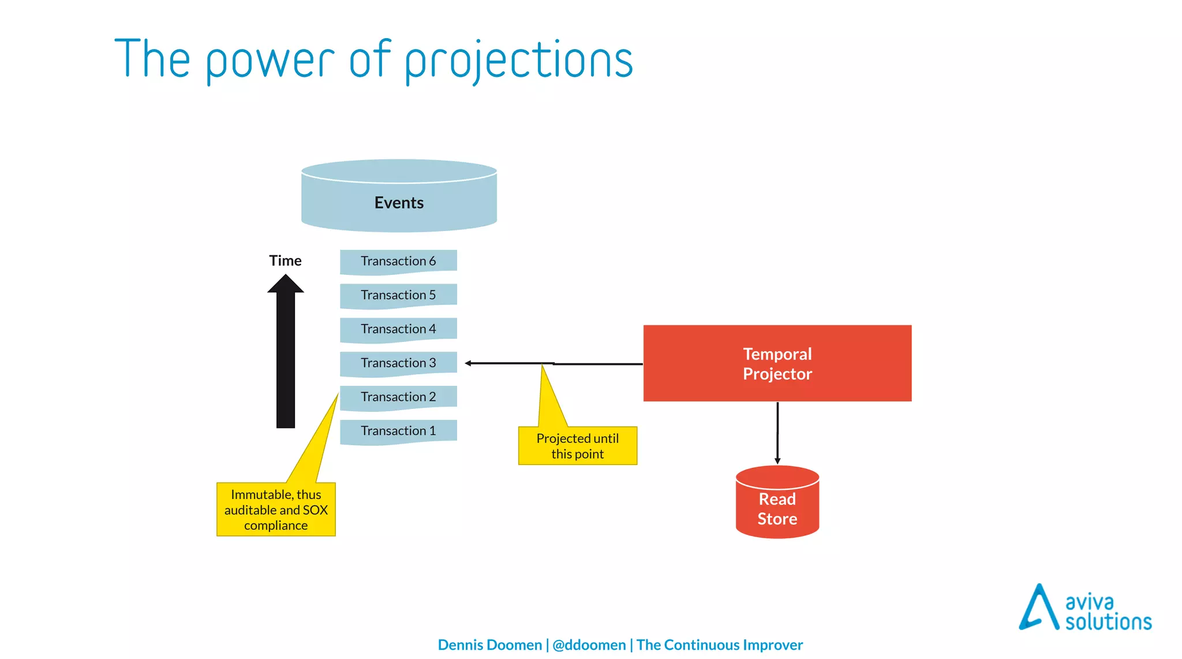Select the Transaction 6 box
pyautogui.click(x=398, y=261)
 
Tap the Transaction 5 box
pyautogui.click(x=398, y=295)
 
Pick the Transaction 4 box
pyautogui.click(x=398, y=329)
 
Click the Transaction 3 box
pyautogui.click(x=398, y=363)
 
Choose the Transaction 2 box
pyautogui.click(x=398, y=397)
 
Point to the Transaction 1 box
pyautogui.click(x=398, y=431)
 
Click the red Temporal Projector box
pyautogui.click(x=777, y=363)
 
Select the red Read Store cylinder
pyautogui.click(x=777, y=505)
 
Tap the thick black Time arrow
pyautogui.click(x=286, y=358)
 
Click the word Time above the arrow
pyautogui.click(x=285, y=260)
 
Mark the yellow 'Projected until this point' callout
pyautogui.click(x=577, y=446)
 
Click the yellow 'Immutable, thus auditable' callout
pyautogui.click(x=276, y=510)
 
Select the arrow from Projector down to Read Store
pyautogui.click(x=777, y=433)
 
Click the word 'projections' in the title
pyautogui.click(x=518, y=61)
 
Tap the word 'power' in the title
pyautogui.click(x=270, y=61)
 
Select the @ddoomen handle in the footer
pyautogui.click(x=589, y=645)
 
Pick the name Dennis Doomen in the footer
pyautogui.click(x=489, y=645)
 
